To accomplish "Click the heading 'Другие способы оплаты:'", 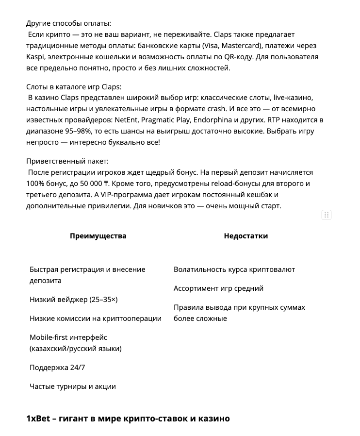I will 68,23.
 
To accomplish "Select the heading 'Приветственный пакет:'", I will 67,161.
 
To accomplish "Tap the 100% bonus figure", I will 36,184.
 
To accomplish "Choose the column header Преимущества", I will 98,236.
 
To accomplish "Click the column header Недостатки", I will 245,236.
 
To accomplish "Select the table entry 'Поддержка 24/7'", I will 57,368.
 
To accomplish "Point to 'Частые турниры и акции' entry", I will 73,386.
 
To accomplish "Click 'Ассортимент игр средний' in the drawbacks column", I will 218,288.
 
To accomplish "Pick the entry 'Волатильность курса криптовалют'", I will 234,269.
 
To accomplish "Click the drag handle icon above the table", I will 327,215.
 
